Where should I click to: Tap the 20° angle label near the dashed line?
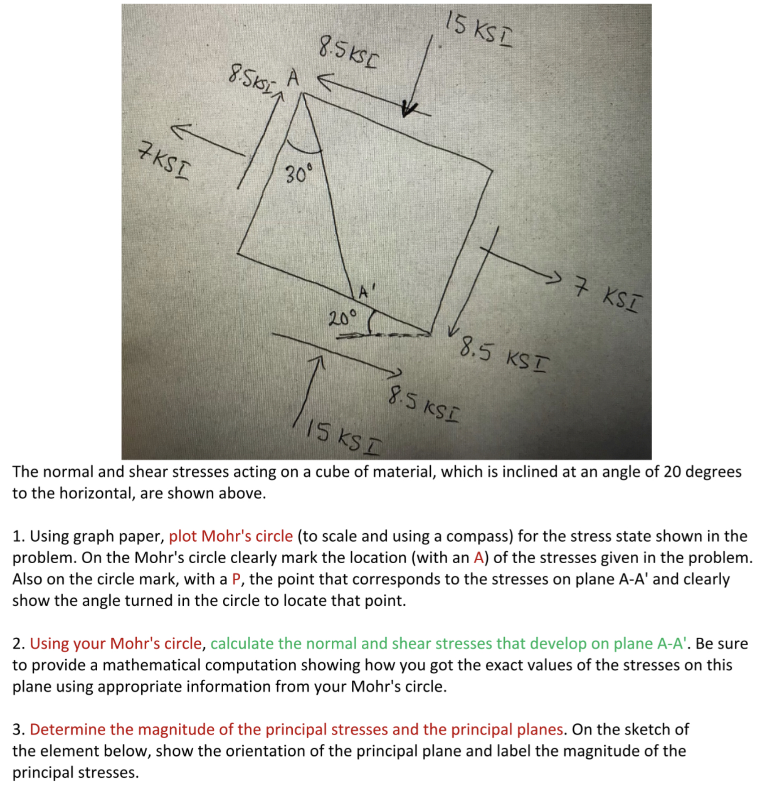click(343, 318)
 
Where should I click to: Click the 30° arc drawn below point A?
click(304, 149)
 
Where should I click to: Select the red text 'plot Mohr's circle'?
click(230, 536)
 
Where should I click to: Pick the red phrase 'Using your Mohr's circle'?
click(116, 644)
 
